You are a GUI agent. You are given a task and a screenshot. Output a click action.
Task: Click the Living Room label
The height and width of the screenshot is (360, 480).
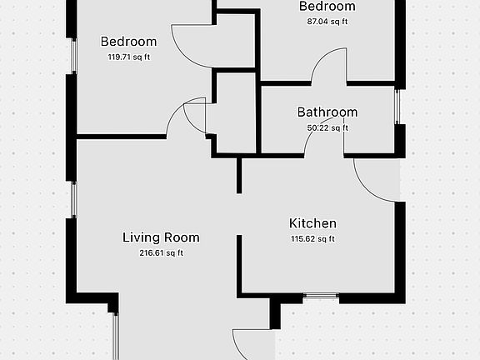[161, 237]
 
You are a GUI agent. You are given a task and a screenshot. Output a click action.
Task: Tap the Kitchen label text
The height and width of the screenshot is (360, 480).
[312, 223]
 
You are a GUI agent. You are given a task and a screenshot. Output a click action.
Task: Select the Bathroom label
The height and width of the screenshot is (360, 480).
[327, 112]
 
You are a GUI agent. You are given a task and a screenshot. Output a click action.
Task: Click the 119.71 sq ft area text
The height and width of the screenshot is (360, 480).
[128, 57]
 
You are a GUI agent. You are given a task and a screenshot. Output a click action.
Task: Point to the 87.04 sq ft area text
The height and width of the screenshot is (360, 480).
[327, 22]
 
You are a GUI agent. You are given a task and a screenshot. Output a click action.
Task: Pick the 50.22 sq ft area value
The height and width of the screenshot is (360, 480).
[327, 127]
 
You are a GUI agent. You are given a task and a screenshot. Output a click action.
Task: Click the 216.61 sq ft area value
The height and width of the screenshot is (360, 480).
[161, 252]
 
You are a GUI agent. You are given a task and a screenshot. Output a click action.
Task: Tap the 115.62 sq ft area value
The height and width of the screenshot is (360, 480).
[312, 238]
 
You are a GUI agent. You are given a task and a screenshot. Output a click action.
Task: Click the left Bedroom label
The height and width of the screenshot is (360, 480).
[128, 42]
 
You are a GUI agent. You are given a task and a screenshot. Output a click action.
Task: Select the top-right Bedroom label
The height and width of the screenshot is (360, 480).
[327, 7]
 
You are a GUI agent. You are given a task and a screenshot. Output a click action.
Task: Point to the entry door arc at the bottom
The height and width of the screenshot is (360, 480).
[250, 342]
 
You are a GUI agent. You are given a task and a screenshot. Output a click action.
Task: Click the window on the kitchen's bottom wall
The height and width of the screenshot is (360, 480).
[321, 296]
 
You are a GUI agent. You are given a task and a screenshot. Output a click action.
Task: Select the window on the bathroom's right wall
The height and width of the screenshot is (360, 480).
[398, 106]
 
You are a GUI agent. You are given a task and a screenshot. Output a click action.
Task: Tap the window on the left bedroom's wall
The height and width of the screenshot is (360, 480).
[73, 55]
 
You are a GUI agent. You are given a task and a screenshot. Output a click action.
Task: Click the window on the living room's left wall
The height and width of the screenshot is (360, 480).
[73, 200]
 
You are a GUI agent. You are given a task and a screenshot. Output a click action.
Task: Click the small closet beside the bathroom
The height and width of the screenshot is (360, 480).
[235, 112]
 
